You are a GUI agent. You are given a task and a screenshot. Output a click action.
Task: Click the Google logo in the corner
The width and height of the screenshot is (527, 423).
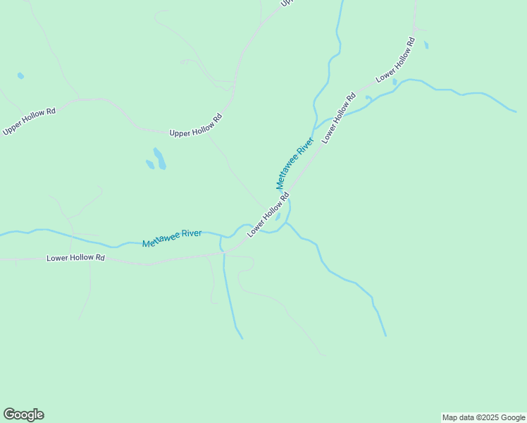23,415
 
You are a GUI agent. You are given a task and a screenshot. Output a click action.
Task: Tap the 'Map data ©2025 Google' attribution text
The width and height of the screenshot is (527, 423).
483,417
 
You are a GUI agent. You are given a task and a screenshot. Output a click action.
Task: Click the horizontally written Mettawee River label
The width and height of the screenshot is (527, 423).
172,238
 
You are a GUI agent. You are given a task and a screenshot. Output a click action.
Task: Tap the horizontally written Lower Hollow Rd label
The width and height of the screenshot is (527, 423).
75,258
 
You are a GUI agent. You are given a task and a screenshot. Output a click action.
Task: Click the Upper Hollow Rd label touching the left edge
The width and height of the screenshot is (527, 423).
29,121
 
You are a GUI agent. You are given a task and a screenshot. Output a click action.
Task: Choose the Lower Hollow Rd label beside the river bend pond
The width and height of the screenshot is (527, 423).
268,216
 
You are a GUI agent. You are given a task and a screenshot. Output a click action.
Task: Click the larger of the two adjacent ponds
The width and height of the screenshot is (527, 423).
160,159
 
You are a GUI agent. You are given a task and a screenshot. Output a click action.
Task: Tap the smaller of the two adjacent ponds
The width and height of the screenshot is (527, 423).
150,165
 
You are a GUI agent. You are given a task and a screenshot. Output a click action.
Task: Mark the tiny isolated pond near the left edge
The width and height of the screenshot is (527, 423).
20,75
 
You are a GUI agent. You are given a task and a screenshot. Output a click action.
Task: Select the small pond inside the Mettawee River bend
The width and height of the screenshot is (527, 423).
278,216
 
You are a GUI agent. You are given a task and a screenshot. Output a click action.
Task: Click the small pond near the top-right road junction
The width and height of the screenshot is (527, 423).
426,44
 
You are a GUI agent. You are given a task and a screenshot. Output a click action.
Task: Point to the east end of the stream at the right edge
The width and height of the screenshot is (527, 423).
516,111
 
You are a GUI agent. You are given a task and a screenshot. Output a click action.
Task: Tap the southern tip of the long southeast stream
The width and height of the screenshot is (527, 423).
385,335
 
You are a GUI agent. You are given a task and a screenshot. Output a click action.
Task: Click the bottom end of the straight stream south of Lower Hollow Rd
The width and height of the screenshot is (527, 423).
242,338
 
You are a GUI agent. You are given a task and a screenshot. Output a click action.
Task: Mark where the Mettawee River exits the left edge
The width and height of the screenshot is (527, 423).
1,234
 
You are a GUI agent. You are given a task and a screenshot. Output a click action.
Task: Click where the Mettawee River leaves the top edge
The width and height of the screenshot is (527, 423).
342,1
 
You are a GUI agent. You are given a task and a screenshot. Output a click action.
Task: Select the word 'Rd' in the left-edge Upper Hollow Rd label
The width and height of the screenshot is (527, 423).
50,112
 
